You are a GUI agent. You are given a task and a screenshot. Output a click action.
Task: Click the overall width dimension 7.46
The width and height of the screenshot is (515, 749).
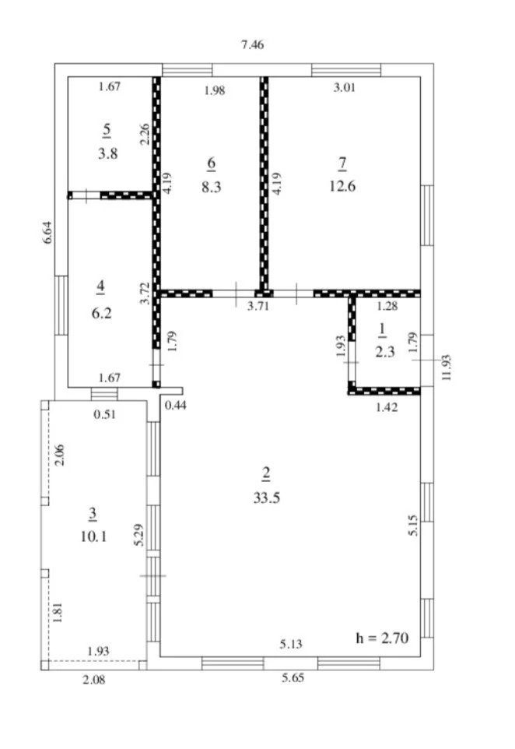pos(253,45)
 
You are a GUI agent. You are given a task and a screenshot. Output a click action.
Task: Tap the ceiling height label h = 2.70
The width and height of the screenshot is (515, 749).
pos(382,638)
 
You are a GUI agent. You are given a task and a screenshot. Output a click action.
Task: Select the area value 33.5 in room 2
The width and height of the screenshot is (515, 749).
pos(266,498)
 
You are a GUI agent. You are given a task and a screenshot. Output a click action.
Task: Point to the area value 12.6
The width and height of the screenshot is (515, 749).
pos(342,186)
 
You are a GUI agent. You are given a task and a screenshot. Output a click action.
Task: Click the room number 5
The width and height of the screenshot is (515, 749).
pos(107,129)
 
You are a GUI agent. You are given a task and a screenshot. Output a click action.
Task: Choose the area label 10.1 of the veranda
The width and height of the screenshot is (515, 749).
pos(93,536)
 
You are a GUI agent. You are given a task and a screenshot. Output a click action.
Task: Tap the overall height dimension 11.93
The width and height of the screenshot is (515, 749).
pos(447,367)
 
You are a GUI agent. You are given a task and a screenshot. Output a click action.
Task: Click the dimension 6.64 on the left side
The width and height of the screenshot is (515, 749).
pos(48,233)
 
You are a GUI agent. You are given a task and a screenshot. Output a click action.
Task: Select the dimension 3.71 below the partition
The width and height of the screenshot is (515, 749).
pos(258,306)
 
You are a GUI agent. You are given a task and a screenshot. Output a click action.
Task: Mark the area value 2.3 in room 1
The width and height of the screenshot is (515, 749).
pos(385,352)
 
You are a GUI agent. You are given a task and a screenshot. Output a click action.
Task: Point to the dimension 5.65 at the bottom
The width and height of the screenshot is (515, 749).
pos(293,678)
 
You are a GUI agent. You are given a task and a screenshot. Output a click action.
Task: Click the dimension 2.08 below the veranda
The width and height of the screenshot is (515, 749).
pos(94,679)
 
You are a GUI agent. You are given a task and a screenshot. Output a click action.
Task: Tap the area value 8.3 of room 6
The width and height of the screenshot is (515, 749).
pos(211,186)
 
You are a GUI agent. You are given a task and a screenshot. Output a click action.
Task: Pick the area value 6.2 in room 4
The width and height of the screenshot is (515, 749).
pos(101,313)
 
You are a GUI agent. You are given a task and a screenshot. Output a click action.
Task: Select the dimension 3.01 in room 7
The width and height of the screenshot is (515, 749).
pos(344,87)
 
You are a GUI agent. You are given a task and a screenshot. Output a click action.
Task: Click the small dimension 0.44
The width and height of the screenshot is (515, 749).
pos(176,406)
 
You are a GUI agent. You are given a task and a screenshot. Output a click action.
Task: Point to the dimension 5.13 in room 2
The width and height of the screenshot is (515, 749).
pos(291,644)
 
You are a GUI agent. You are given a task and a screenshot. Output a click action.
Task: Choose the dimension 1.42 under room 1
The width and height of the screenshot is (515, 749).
pos(387,407)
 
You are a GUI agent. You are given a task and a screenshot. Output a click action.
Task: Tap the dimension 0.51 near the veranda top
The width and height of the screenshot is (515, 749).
pos(104,414)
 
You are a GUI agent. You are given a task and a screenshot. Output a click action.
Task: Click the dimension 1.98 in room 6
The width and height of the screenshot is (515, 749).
pos(215,90)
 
